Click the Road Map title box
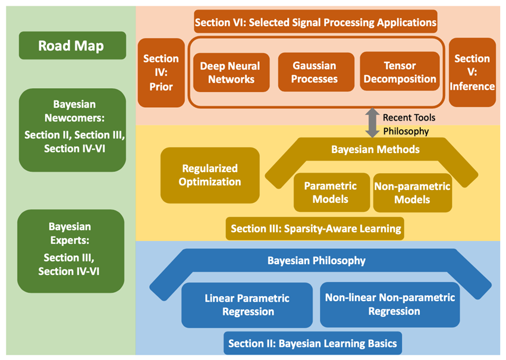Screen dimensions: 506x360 (73, 46)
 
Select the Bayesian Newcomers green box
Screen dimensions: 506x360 (73, 130)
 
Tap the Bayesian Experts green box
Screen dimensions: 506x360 (71, 251)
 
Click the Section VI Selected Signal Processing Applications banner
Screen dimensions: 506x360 (316, 21)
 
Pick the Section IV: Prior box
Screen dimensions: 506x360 (161, 73)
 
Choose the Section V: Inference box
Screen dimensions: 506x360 (472, 73)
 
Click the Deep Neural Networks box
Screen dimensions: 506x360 (231, 73)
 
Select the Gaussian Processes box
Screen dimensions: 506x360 (316, 73)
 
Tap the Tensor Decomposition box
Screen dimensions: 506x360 (400, 71)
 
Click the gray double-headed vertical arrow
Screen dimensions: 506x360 (372, 123)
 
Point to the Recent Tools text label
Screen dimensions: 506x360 (409, 118)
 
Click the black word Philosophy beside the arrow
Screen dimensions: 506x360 (406, 132)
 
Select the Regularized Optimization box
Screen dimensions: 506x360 (210, 176)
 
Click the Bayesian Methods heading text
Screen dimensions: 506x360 (375, 149)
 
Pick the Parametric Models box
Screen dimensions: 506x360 (332, 192)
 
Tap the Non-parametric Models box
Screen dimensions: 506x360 (413, 193)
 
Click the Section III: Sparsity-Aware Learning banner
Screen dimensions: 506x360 (315, 228)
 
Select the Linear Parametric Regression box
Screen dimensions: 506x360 (247, 305)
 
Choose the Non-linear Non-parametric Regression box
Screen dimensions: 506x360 (390, 305)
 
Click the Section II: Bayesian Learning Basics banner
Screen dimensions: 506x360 (313, 343)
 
